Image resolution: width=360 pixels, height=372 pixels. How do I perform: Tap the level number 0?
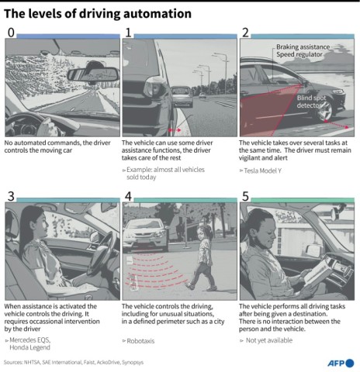[x=9, y=32]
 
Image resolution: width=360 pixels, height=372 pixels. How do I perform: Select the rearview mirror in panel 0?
[x=92, y=74]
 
